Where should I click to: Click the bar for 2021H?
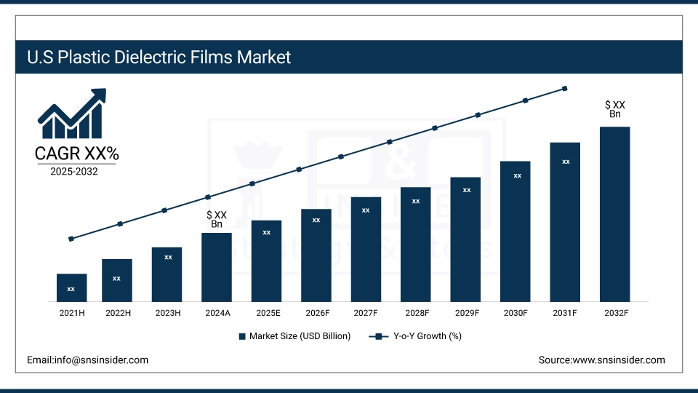pyautogui.click(x=71, y=287)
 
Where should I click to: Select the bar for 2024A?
pyautogui.click(x=217, y=267)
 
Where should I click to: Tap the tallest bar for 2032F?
pyautogui.click(x=614, y=214)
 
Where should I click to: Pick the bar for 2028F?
pyautogui.click(x=416, y=244)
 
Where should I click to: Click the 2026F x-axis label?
pyautogui.click(x=316, y=313)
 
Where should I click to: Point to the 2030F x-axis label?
pyautogui.click(x=516, y=313)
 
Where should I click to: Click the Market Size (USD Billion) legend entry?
pyautogui.click(x=294, y=336)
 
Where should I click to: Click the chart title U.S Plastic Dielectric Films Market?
pyautogui.click(x=159, y=57)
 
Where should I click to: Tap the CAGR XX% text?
pyautogui.click(x=76, y=154)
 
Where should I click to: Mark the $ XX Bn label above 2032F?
pyautogui.click(x=615, y=109)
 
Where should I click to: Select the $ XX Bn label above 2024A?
pyautogui.click(x=217, y=219)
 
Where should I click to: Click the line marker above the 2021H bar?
pyautogui.click(x=71, y=239)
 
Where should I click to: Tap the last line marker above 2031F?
pyautogui.click(x=565, y=89)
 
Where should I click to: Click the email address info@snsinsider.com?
pyautogui.click(x=87, y=360)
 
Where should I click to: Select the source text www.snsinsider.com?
pyautogui.click(x=601, y=360)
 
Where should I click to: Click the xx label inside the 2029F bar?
pyautogui.click(x=467, y=190)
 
